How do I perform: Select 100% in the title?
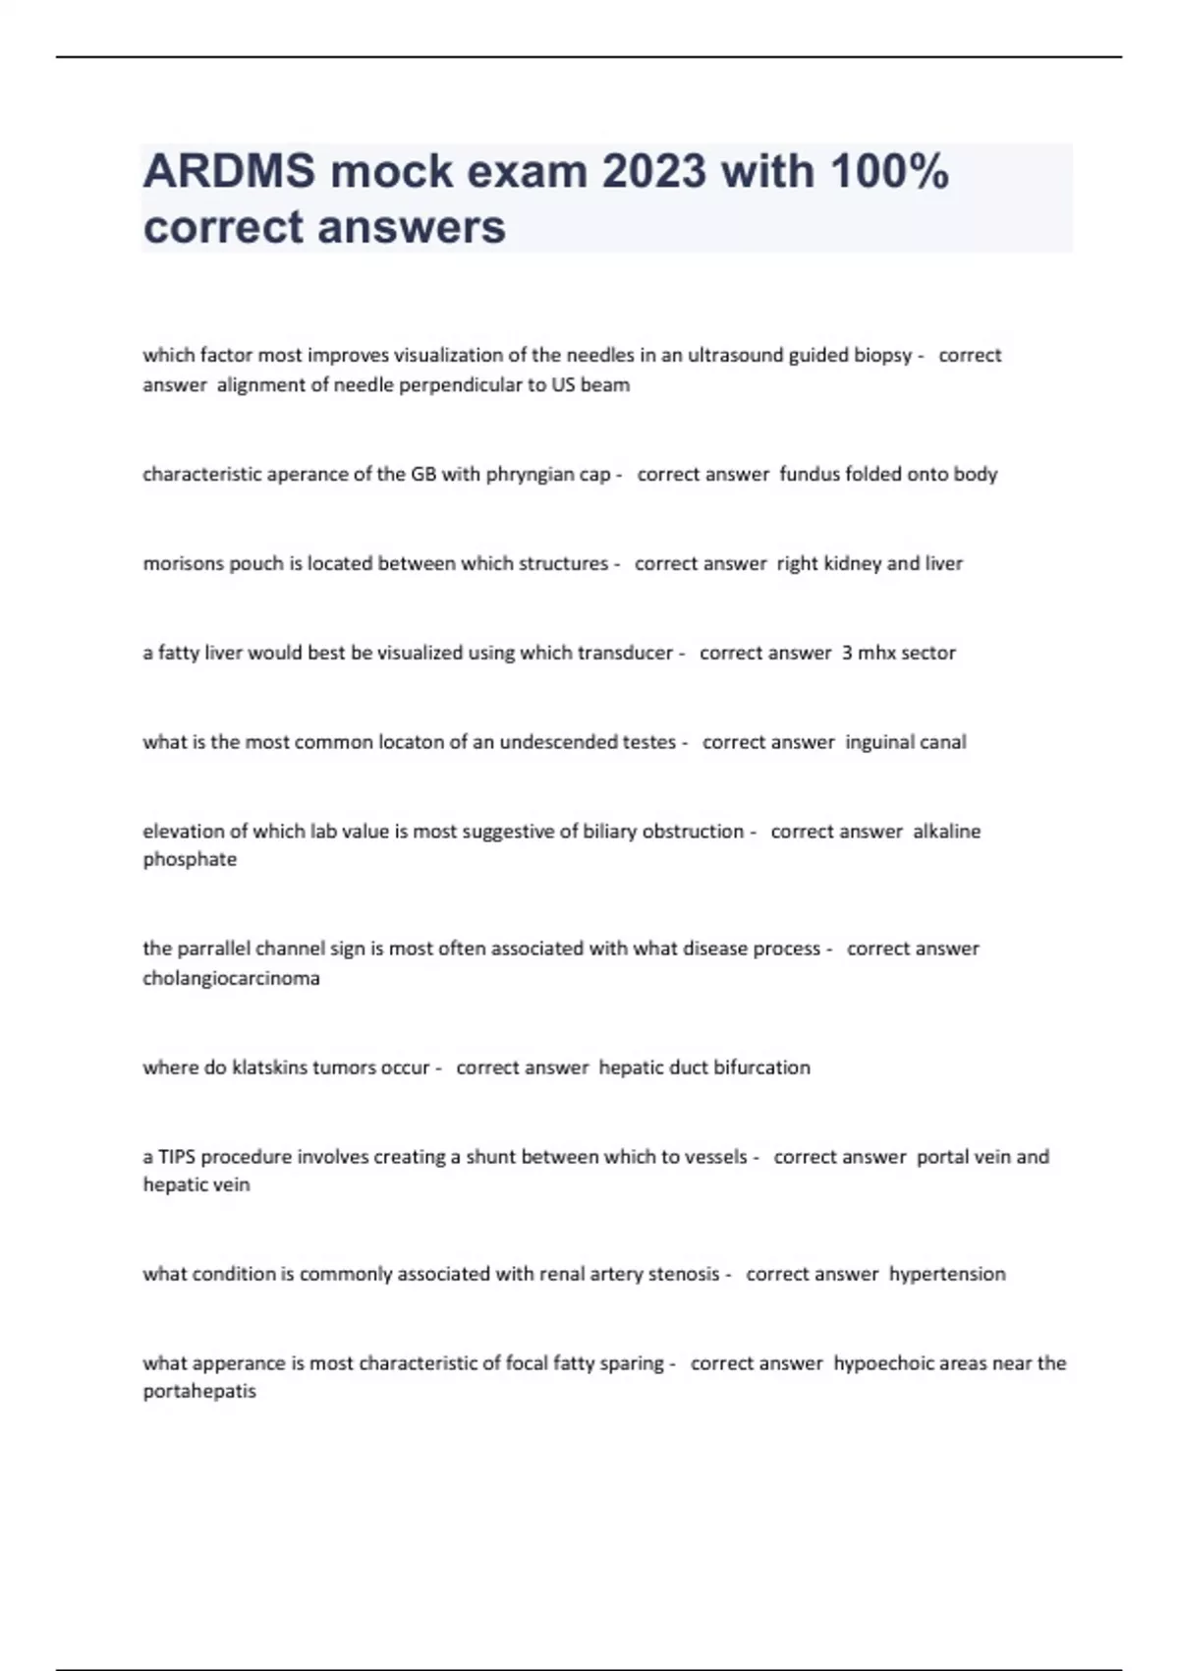pyautogui.click(x=889, y=172)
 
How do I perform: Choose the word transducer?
pyautogui.click(x=625, y=654)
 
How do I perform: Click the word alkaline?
pyautogui.click(x=946, y=832)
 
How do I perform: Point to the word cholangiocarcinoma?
pyautogui.click(x=231, y=979)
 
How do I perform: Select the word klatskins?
pyautogui.click(x=269, y=1068)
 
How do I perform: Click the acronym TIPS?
pyautogui.click(x=177, y=1157)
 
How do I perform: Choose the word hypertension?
pyautogui.click(x=947, y=1275)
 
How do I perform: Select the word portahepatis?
pyautogui.click(x=199, y=1392)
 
